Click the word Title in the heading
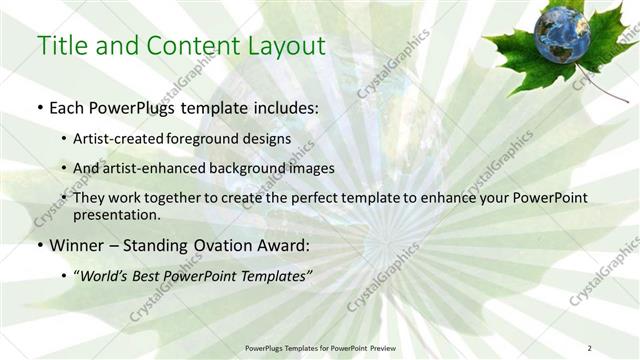60,45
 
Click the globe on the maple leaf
561,34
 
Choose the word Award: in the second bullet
279,244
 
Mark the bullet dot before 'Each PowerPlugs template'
39,108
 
